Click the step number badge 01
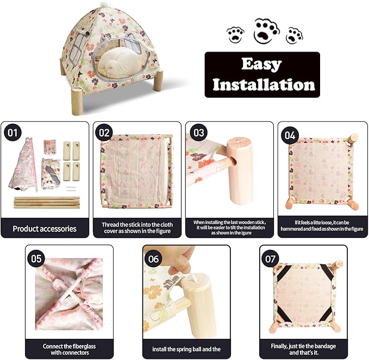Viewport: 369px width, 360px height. (x=12, y=132)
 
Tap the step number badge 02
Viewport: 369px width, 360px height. (x=104, y=132)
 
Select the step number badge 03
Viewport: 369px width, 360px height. (x=198, y=132)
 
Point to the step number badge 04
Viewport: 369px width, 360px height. (x=290, y=135)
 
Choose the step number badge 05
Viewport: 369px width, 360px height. (x=36, y=258)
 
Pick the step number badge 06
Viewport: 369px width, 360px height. (x=153, y=259)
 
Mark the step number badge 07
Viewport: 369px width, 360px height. (x=270, y=258)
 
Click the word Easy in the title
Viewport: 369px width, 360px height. (x=262, y=64)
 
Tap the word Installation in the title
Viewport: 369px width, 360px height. (x=264, y=84)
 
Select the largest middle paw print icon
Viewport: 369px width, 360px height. (x=267, y=31)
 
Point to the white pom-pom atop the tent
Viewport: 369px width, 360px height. (x=104, y=4)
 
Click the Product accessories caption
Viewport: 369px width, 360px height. (x=45, y=229)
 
